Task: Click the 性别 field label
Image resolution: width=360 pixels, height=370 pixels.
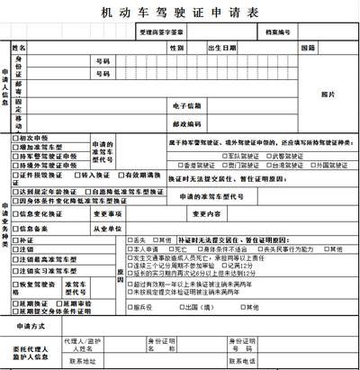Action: click(175, 47)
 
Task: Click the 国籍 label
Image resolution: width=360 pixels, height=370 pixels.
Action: click(308, 47)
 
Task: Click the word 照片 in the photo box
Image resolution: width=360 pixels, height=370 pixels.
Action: click(328, 93)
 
